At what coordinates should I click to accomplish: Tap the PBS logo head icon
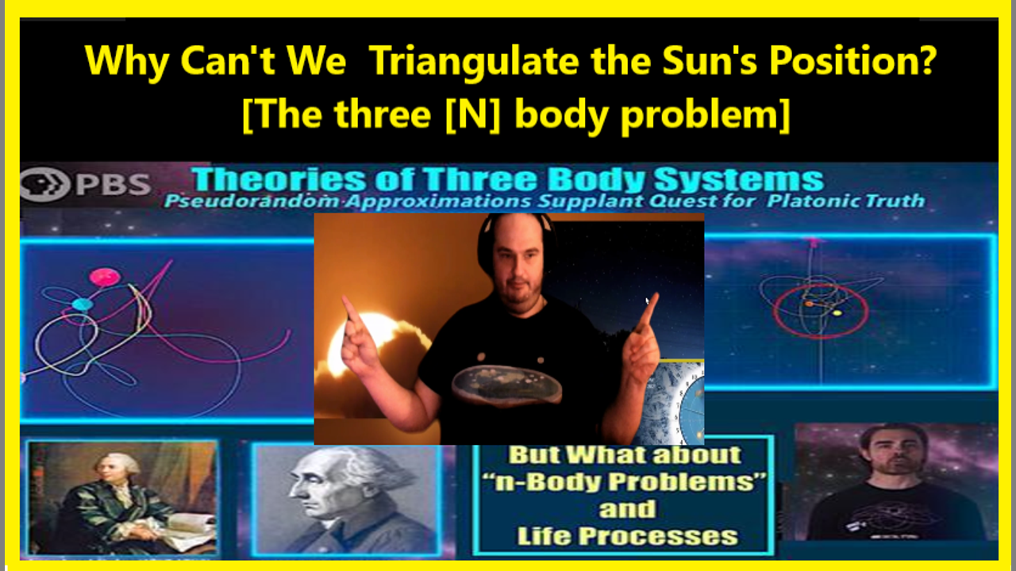pos(45,183)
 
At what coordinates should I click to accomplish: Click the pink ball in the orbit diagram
pos(105,277)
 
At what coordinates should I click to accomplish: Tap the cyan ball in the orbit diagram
pos(83,304)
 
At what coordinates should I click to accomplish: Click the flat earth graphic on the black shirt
pos(506,386)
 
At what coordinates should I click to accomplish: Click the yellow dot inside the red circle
pos(837,312)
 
